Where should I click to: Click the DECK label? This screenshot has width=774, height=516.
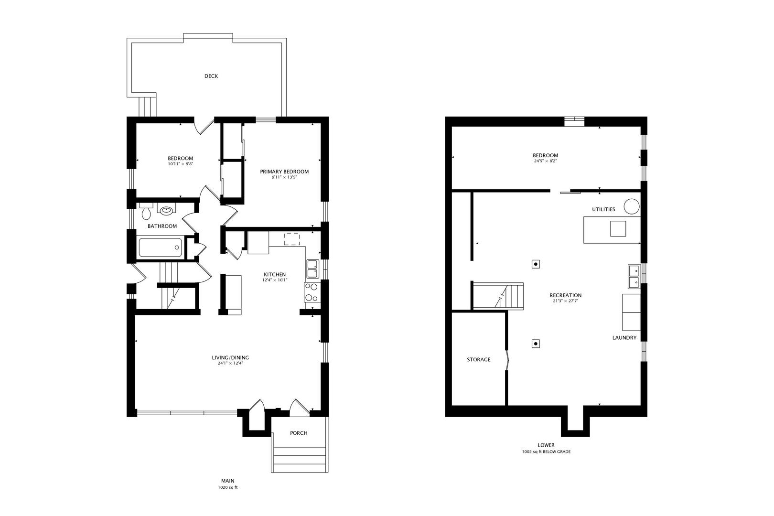[211, 76]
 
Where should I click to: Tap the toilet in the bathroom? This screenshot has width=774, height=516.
[146, 211]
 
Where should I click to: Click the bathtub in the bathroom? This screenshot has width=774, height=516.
[161, 247]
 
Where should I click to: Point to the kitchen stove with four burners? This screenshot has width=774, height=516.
[312, 292]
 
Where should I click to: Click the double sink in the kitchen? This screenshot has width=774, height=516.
[313, 269]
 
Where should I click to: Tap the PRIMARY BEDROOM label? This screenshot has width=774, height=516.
[284, 172]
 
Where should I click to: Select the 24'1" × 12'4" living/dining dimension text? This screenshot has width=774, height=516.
[230, 363]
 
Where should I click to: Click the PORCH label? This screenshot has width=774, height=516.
[299, 433]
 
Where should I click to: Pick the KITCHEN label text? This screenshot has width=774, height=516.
[275, 274]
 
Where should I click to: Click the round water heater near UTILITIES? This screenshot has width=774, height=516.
[631, 206]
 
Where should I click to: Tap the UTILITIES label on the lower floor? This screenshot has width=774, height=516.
[603, 209]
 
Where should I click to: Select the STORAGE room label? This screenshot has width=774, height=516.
[479, 359]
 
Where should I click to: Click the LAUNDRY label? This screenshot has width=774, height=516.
[624, 338]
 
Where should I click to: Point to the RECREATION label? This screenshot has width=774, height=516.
[565, 295]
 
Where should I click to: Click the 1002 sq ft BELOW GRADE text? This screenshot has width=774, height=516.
[546, 451]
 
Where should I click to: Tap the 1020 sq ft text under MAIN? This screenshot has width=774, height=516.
[228, 487]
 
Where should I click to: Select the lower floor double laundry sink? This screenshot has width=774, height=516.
[634, 277]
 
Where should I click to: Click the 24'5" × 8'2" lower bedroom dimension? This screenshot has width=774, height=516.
[545, 161]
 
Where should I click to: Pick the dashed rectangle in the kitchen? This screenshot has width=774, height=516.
[291, 239]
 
